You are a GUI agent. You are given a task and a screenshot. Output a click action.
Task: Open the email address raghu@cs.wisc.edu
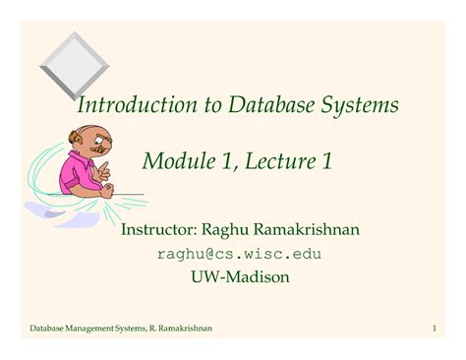click(239, 254)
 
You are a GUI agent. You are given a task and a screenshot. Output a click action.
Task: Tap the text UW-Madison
click(239, 277)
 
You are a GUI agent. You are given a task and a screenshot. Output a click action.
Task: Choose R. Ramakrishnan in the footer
click(183, 326)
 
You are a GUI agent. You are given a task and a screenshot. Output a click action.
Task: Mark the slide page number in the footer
click(433, 326)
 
